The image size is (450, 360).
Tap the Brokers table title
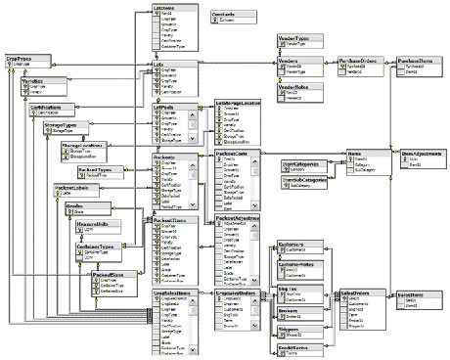(x=289, y=310)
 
